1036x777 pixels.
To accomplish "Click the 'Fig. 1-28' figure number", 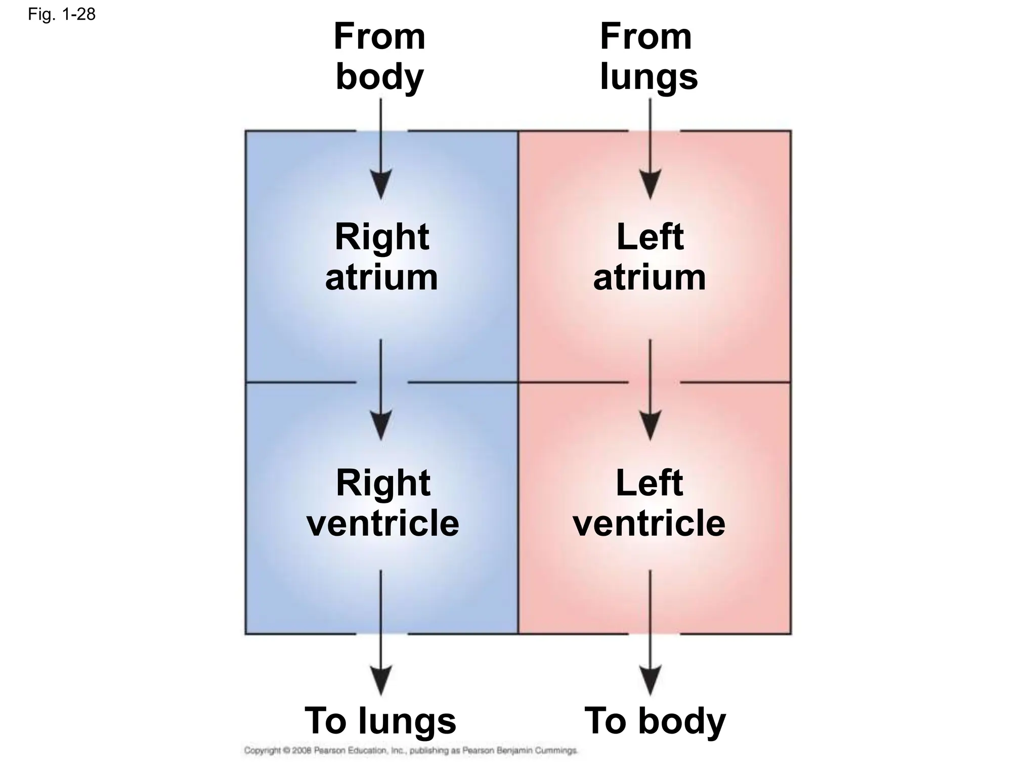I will [x=61, y=14].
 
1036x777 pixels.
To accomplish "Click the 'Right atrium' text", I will [x=381, y=257].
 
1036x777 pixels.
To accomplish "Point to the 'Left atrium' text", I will [x=650, y=257].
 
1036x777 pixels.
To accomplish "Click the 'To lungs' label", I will [x=380, y=720].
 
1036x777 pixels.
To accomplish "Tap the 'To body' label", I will [x=655, y=720].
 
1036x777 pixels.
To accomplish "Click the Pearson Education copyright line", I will [x=410, y=751].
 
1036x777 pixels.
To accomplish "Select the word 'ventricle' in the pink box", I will [x=649, y=523].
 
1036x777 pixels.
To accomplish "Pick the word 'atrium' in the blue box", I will [x=381, y=277].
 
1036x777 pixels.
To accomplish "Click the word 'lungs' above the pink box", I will [x=649, y=77].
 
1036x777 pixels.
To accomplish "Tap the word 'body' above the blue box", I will [x=380, y=77].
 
